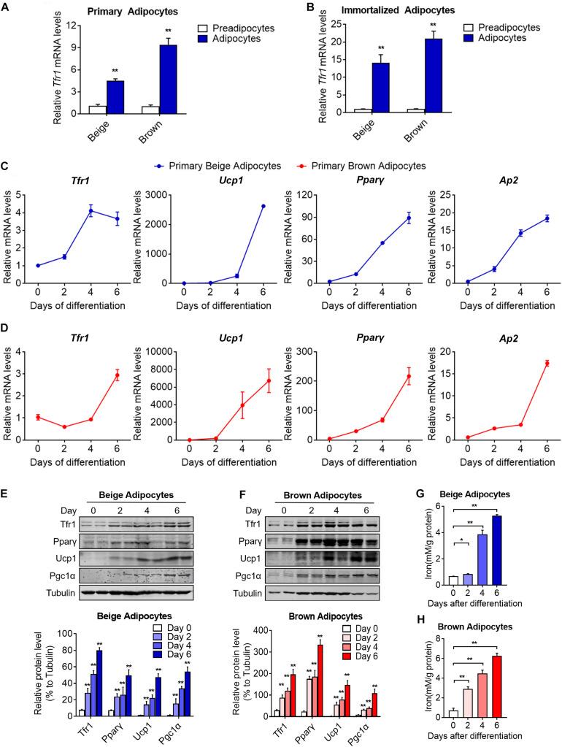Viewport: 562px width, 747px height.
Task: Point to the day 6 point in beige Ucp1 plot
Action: (262, 206)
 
